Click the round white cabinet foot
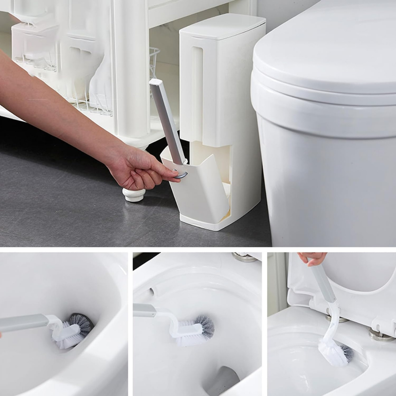[x=134, y=195]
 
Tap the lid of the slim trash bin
[x=223, y=27]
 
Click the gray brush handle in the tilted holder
[x=167, y=121]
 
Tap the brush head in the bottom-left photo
[x=75, y=330]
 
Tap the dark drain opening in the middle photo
[x=224, y=381]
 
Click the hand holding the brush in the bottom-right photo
[x=312, y=258]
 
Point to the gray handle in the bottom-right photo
[x=323, y=282]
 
